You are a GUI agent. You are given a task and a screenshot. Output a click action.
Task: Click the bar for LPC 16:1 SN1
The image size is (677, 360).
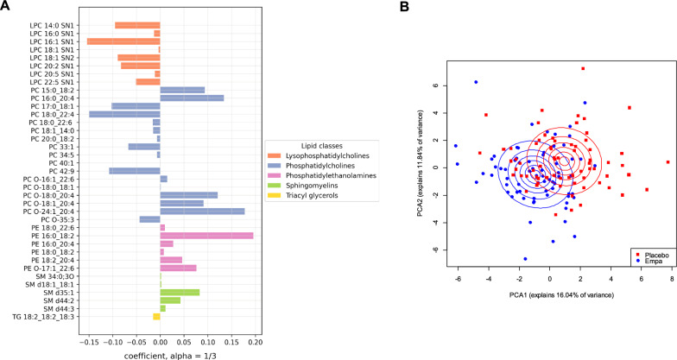pos(123,41)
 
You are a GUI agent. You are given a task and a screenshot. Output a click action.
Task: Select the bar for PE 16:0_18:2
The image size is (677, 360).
pos(206,235)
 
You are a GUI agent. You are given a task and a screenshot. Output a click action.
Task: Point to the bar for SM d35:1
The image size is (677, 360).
pos(180,292)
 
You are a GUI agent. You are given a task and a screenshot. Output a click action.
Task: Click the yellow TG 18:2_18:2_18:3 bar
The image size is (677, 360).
pos(156,317)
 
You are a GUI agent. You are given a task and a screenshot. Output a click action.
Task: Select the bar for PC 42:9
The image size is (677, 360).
pos(134,171)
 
